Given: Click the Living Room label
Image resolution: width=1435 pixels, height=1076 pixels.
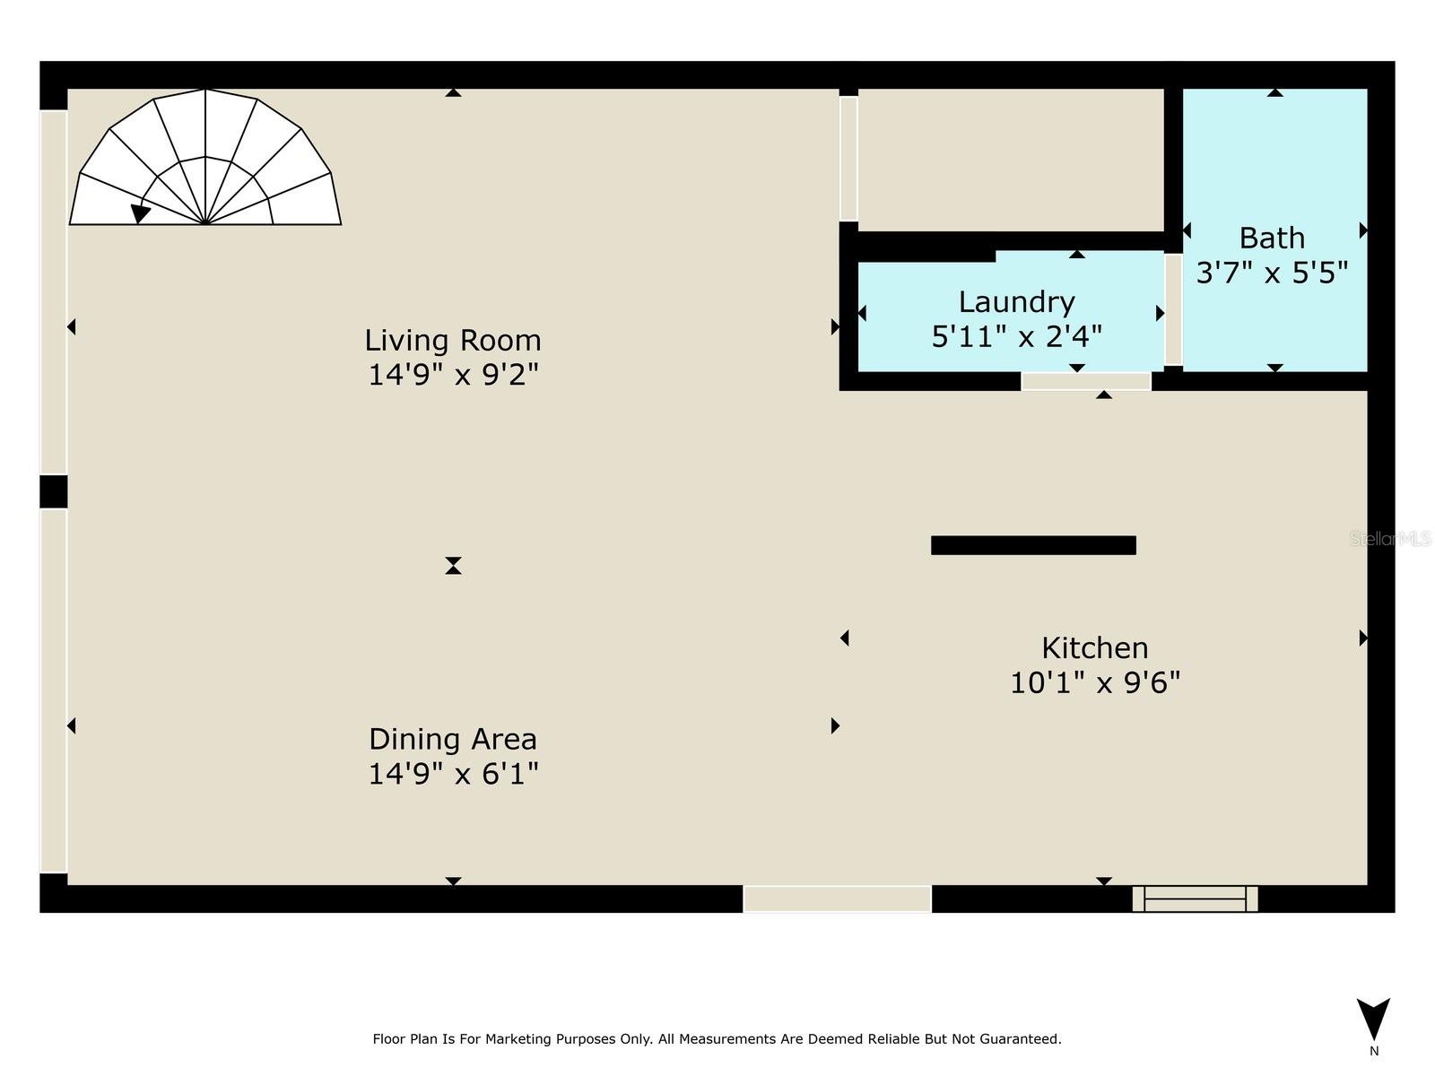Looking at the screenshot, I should [452, 341].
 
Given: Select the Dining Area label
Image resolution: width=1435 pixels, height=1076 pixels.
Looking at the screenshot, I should [452, 740].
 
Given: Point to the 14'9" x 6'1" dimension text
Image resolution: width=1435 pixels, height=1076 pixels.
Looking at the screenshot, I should [452, 774].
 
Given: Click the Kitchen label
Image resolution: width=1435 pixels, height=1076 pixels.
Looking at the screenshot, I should [1094, 648].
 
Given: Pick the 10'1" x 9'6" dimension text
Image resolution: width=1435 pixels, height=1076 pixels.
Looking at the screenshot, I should [1094, 683].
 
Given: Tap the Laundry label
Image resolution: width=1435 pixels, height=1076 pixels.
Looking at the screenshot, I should [1016, 302].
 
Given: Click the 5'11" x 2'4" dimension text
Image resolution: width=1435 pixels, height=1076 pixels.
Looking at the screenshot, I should [1016, 337].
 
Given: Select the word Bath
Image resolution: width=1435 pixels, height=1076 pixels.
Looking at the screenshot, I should [1272, 239].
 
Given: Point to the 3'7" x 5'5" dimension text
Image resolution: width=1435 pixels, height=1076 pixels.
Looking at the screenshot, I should [1272, 273].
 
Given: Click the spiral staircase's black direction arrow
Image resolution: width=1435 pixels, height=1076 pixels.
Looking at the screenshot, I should [140, 213].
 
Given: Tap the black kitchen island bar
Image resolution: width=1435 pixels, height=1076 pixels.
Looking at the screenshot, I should [1033, 545].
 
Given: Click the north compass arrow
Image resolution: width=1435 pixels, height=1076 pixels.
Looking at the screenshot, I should [1373, 1018].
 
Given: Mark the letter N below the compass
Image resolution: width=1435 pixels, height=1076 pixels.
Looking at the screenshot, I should [1374, 1052].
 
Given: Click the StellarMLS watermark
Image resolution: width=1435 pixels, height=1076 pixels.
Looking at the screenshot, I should [1389, 539].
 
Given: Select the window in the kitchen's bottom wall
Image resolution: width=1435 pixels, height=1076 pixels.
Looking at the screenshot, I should [1195, 898].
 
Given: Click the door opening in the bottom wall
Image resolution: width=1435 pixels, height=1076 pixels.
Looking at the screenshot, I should [837, 898].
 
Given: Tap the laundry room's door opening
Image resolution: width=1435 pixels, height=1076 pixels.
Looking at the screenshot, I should [1085, 382].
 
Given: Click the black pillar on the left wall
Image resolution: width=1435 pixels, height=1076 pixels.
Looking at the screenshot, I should [54, 492].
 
